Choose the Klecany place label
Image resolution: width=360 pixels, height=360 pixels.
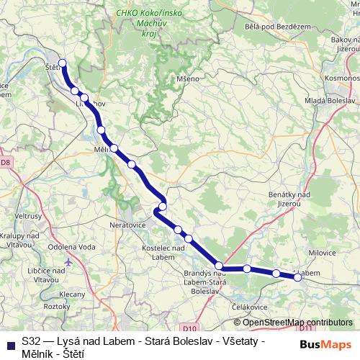coord(72,294)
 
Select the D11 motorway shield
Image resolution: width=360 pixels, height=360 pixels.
coord(305,328)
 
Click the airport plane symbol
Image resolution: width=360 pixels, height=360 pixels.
coord(68,262)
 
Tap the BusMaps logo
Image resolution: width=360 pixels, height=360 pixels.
coord(326,344)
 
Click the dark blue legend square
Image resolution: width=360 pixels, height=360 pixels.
coord(10,344)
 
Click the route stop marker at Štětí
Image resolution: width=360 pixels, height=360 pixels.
coord(63,63)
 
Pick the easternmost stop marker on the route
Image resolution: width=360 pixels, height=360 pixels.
coord(298,276)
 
